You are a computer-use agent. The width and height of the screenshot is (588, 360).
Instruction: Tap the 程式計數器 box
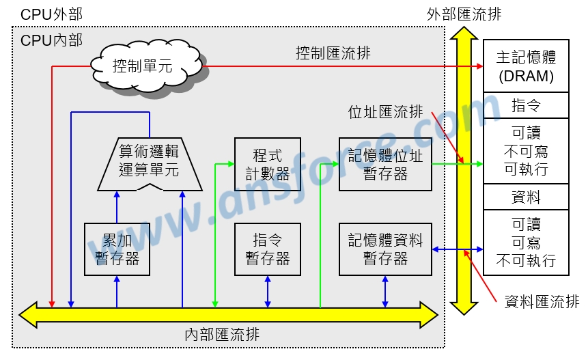pos(267,165)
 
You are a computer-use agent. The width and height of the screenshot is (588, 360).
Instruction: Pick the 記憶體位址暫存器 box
pos(385,165)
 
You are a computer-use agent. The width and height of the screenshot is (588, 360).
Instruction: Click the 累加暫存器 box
pos(117,249)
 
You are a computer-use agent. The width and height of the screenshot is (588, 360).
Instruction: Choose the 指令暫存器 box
pos(267,249)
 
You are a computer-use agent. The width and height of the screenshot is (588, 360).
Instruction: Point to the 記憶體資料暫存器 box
pos(385,249)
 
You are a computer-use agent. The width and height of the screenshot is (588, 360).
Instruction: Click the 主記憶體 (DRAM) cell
pos(525,66)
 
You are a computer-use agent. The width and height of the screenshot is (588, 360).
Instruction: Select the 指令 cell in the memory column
pos(525,105)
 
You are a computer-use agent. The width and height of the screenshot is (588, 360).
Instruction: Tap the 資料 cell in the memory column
pos(525,197)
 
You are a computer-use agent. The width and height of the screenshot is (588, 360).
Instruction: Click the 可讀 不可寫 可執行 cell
pos(525,151)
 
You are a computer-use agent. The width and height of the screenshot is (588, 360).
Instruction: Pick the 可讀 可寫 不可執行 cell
pos(525,243)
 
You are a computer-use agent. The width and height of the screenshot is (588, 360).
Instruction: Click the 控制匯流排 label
pos(333,53)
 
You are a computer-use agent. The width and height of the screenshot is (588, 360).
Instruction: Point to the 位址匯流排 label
pos(385,112)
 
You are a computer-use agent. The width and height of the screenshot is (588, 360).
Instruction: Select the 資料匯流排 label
pos(542,301)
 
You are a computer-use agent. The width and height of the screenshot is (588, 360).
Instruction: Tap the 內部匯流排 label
pos(222,335)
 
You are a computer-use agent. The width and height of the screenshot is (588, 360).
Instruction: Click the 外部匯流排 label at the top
pos(464,14)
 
